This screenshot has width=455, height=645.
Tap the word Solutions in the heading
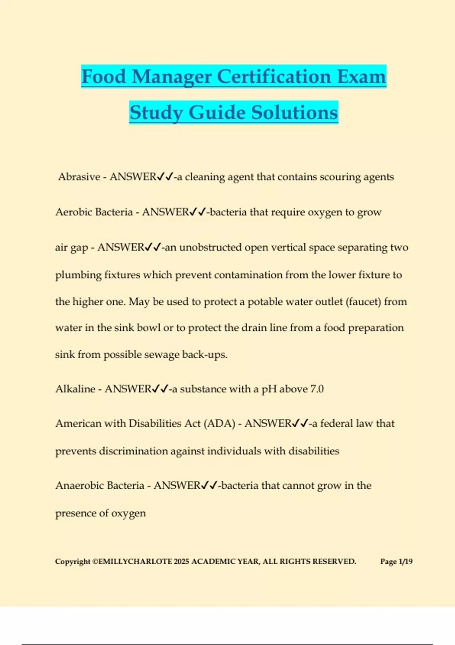pos(295,112)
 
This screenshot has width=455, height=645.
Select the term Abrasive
pos(79,177)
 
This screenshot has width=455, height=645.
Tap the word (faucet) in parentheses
pos(363,302)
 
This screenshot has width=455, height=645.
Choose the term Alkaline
pos(75,389)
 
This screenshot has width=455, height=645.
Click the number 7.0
pos(317,389)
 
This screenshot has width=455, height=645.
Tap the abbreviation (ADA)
pos(220,423)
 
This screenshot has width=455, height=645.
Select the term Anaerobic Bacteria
pos(100,486)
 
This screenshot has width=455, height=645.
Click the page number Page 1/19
pos(396,562)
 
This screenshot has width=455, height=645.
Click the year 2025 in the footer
pos(181,562)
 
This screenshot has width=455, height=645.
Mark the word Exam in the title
pos(361,76)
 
